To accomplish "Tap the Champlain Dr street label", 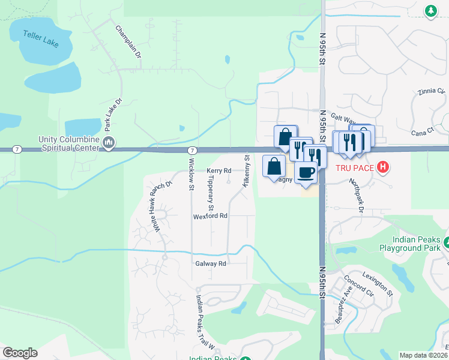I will coord(127,41).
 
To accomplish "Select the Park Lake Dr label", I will coord(109,115).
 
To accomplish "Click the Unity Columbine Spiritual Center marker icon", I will coord(109,142).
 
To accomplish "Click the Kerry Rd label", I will coord(219,171).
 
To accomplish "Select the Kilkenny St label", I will coord(247,171).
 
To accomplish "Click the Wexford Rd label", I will coord(210,215).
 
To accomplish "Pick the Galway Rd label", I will coord(210,263).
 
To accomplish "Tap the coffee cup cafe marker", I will coord(306,172).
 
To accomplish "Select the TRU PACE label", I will coord(355,168).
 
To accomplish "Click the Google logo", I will coord(20,353).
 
